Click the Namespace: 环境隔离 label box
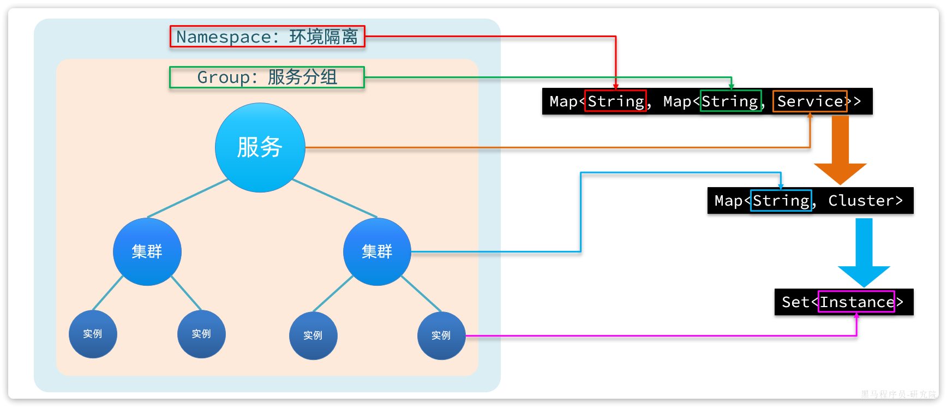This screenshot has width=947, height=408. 267,37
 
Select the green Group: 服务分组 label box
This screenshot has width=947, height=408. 267,77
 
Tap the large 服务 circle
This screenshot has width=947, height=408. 260,147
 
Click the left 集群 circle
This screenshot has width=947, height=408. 147,251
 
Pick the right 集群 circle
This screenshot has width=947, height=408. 377,251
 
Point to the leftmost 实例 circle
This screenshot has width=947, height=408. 93,334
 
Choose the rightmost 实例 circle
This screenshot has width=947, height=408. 441,335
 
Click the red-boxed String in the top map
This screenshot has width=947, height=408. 615,101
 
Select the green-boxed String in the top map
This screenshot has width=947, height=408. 730,101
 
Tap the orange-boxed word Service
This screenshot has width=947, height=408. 810,101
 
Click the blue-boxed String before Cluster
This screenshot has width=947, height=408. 781,200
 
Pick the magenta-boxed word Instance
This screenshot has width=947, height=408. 856,302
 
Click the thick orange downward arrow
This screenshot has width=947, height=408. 840,150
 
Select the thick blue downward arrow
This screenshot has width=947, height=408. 864,251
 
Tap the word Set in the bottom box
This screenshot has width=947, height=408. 795,302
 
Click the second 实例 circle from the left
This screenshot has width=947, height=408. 201,334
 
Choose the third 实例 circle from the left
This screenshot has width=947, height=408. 313,335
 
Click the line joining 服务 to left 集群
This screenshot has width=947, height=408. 188,198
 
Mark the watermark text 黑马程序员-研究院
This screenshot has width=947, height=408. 898,394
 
